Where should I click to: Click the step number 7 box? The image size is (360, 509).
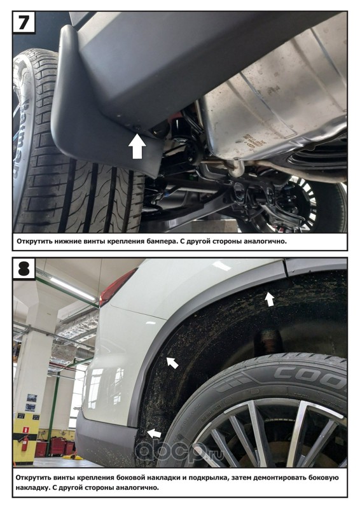coord(24,22)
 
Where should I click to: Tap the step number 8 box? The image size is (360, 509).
coord(24,268)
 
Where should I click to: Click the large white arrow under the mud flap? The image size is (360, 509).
coord(137,147)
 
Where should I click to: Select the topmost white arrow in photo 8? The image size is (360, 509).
coord(269,298)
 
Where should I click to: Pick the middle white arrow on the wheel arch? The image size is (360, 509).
coord(172,362)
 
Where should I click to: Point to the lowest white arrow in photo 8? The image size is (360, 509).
coord(155,433)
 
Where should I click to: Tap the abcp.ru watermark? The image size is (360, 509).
coord(179,451)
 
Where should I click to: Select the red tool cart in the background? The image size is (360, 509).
coord(59,446)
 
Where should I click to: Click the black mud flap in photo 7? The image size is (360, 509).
coord(107,101)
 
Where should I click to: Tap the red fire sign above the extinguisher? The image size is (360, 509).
coord(24,429)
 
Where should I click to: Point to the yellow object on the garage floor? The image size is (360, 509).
coord(73,457)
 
